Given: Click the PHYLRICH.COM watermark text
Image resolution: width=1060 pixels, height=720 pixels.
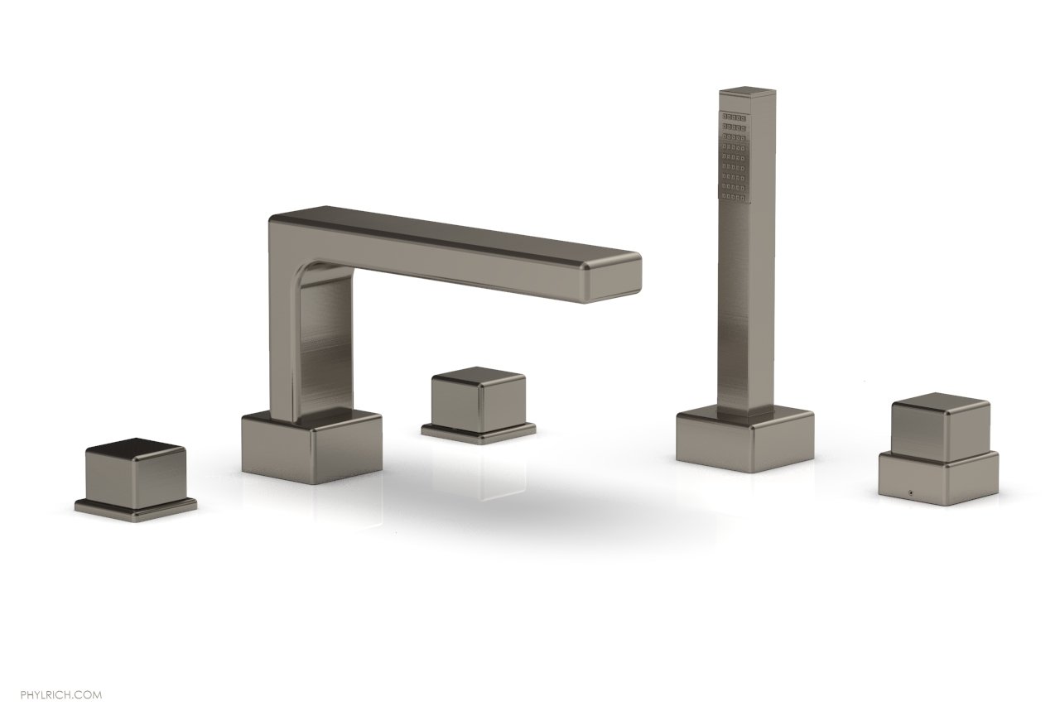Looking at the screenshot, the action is (x=61, y=694).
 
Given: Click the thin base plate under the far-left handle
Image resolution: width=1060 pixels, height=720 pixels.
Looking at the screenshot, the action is (x=136, y=506).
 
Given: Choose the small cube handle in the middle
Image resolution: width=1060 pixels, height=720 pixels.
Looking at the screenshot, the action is (x=479, y=397).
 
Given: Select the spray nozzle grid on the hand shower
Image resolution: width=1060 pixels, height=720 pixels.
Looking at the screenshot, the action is (x=734, y=161).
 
